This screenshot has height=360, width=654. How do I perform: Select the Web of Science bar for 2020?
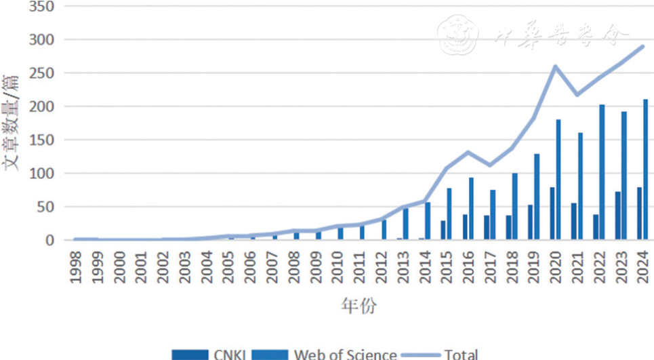[558, 180]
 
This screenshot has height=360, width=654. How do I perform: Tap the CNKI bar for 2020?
[552, 214]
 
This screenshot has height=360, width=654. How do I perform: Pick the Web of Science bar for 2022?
[602, 172]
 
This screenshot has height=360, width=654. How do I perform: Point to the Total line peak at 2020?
[555, 66]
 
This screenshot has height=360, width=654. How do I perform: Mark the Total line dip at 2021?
[577, 94]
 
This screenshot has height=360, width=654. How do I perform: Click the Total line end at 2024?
[642, 46]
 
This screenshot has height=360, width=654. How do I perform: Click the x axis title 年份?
[359, 306]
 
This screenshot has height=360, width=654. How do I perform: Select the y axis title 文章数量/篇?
[12, 123]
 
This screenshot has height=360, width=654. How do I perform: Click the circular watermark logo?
[457, 33]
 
